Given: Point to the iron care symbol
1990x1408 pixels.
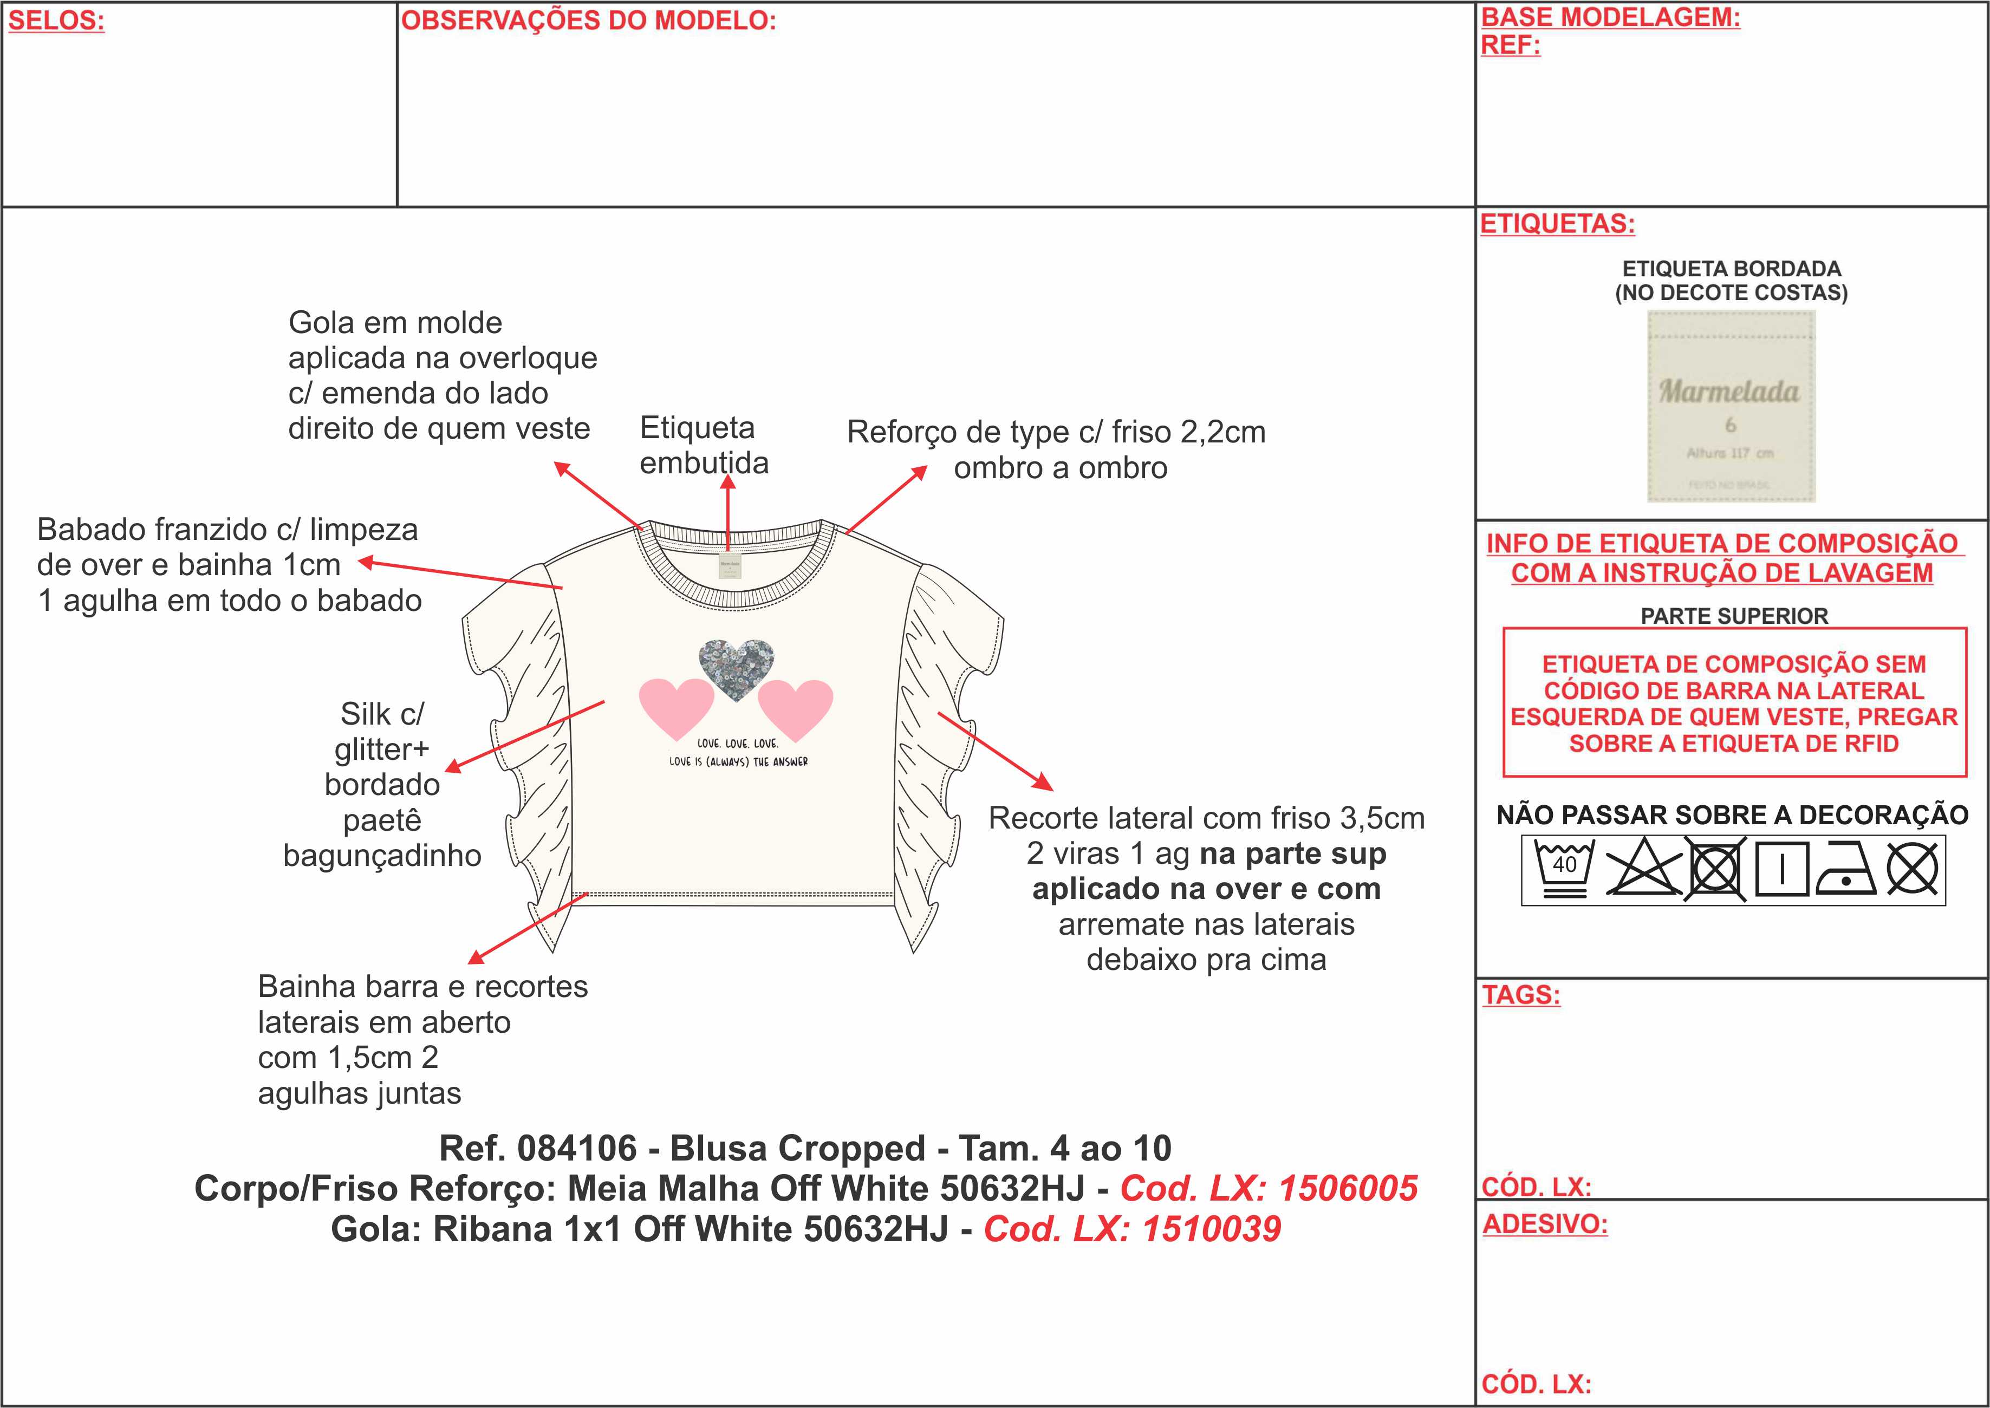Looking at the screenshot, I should click(1846, 869).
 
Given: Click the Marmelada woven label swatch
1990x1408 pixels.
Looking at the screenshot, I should click(1731, 406).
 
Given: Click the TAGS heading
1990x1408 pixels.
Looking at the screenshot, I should click(1521, 994).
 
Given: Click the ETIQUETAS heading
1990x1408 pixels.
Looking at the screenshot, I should click(1557, 224).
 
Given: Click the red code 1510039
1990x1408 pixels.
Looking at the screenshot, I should click(1211, 1229).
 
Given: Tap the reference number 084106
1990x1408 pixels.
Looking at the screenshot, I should click(577, 1149).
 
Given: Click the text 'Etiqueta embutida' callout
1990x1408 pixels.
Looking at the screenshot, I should click(703, 445).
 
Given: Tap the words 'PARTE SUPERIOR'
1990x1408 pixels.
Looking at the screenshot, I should click(1734, 616).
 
